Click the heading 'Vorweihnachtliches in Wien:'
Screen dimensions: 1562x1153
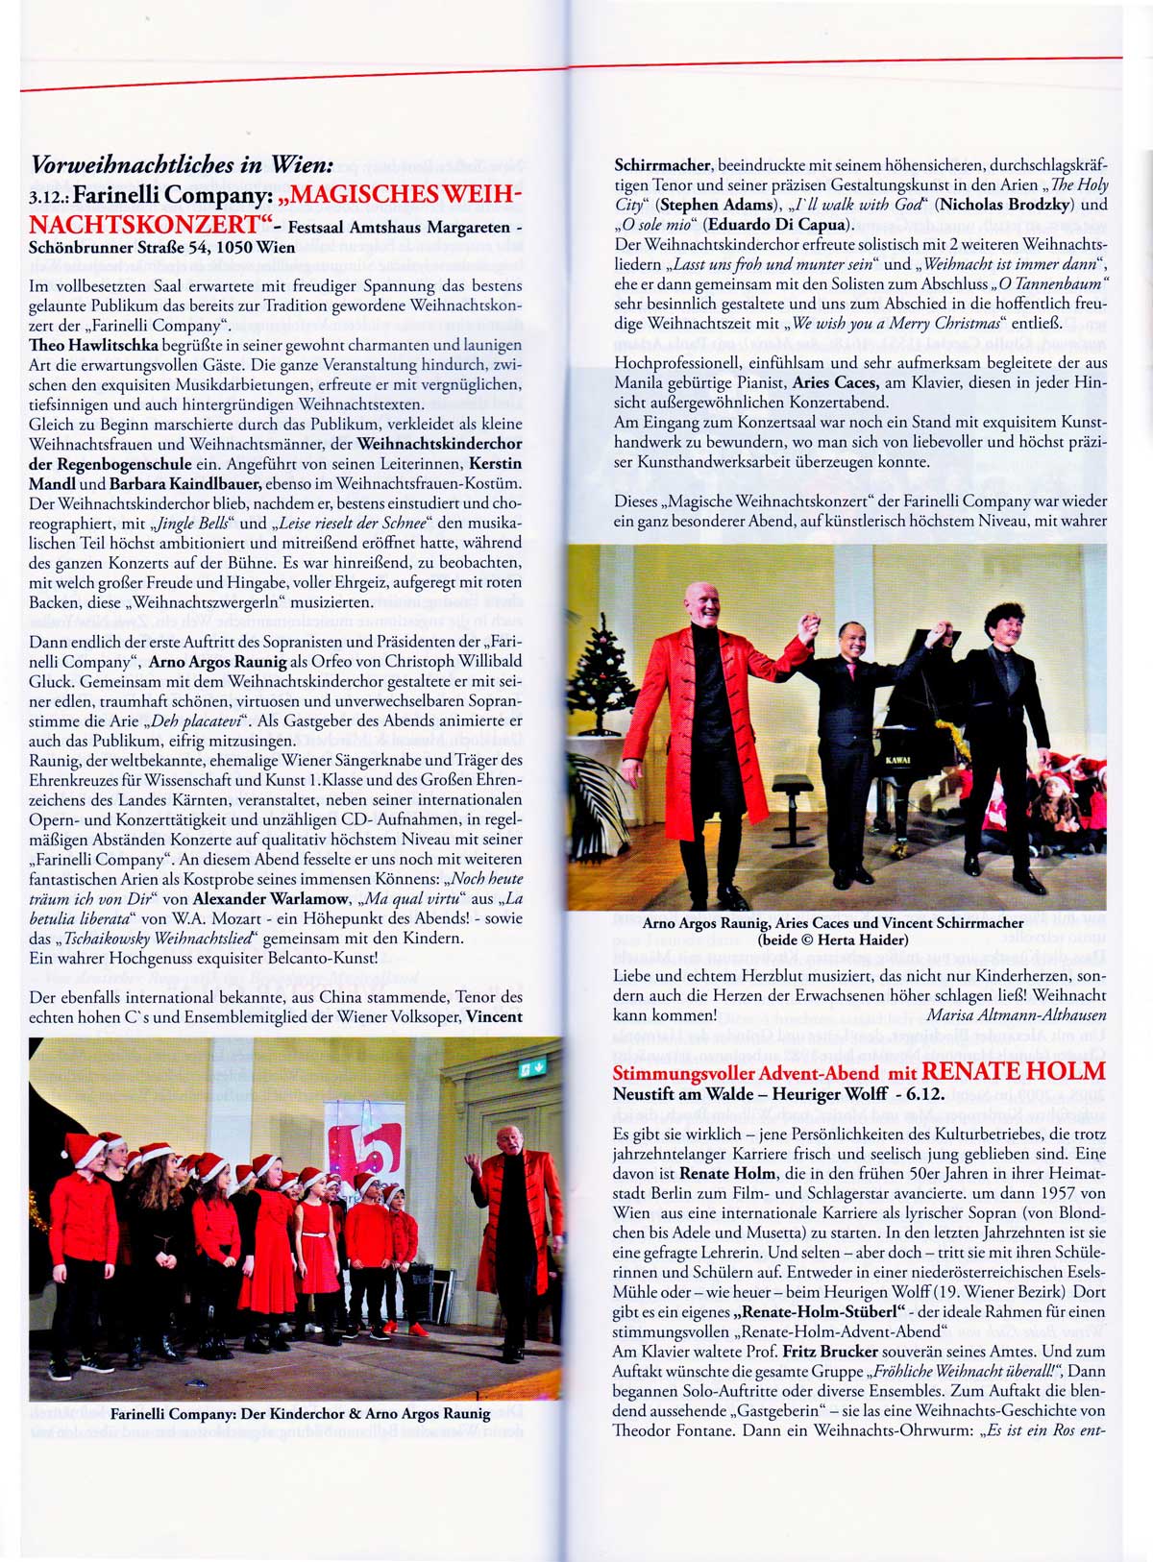coord(182,164)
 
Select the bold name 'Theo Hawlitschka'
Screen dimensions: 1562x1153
coord(86,345)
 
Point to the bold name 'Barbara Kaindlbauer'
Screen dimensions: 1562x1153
coord(184,483)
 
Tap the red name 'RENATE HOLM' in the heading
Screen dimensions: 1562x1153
coord(1014,1071)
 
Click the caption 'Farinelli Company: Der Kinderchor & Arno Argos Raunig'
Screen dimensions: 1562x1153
coord(300,1413)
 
